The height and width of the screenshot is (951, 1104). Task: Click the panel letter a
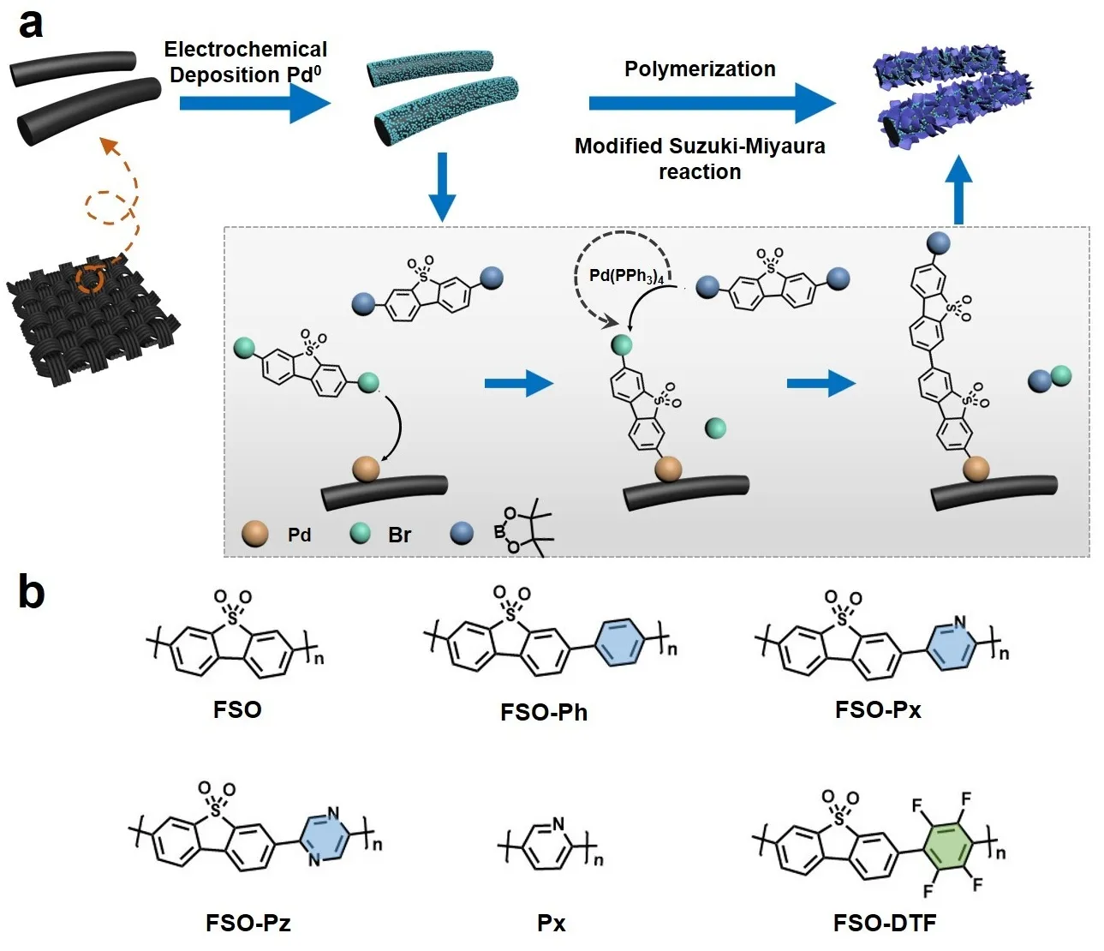(31, 24)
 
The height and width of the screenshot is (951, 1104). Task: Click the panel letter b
(32, 592)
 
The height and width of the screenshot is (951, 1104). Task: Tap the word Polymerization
(700, 69)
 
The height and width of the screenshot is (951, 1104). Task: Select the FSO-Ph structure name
(544, 713)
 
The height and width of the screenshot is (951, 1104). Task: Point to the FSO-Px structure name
(878, 709)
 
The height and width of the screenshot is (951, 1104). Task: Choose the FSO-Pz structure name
(248, 923)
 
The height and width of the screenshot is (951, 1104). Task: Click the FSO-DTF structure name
(885, 923)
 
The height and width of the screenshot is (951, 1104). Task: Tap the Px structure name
(552, 924)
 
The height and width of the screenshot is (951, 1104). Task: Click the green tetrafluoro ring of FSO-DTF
(947, 845)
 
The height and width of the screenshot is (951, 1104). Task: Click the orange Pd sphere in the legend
(255, 535)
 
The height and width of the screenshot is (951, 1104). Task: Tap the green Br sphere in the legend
(361, 534)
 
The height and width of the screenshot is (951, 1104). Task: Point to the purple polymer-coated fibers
(952, 94)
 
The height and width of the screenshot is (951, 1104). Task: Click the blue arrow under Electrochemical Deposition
(254, 104)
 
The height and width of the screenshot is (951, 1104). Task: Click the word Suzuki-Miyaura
(742, 147)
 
